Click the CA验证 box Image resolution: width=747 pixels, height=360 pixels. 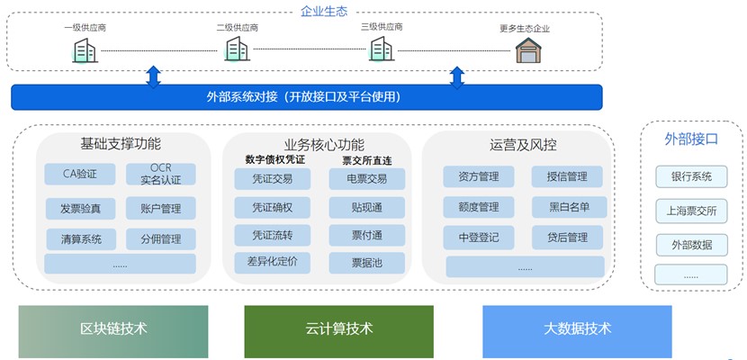80,175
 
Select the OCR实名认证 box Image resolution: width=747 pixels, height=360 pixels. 161,175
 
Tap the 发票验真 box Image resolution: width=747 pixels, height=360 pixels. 80,209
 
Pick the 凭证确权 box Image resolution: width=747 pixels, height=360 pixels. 272,208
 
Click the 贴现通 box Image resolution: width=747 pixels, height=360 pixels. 367,208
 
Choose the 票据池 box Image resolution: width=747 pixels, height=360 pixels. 367,263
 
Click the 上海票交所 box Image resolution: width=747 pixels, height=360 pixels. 691,211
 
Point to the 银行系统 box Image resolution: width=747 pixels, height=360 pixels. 691,176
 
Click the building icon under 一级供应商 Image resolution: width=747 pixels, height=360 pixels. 85,50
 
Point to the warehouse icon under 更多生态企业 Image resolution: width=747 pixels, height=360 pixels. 529,50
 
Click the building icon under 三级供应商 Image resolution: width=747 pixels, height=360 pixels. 382,49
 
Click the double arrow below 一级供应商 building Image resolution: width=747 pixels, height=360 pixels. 153,77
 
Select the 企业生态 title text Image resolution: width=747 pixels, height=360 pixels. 324,11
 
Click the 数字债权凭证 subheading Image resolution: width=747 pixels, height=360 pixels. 275,159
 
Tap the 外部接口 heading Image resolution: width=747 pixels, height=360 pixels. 691,139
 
